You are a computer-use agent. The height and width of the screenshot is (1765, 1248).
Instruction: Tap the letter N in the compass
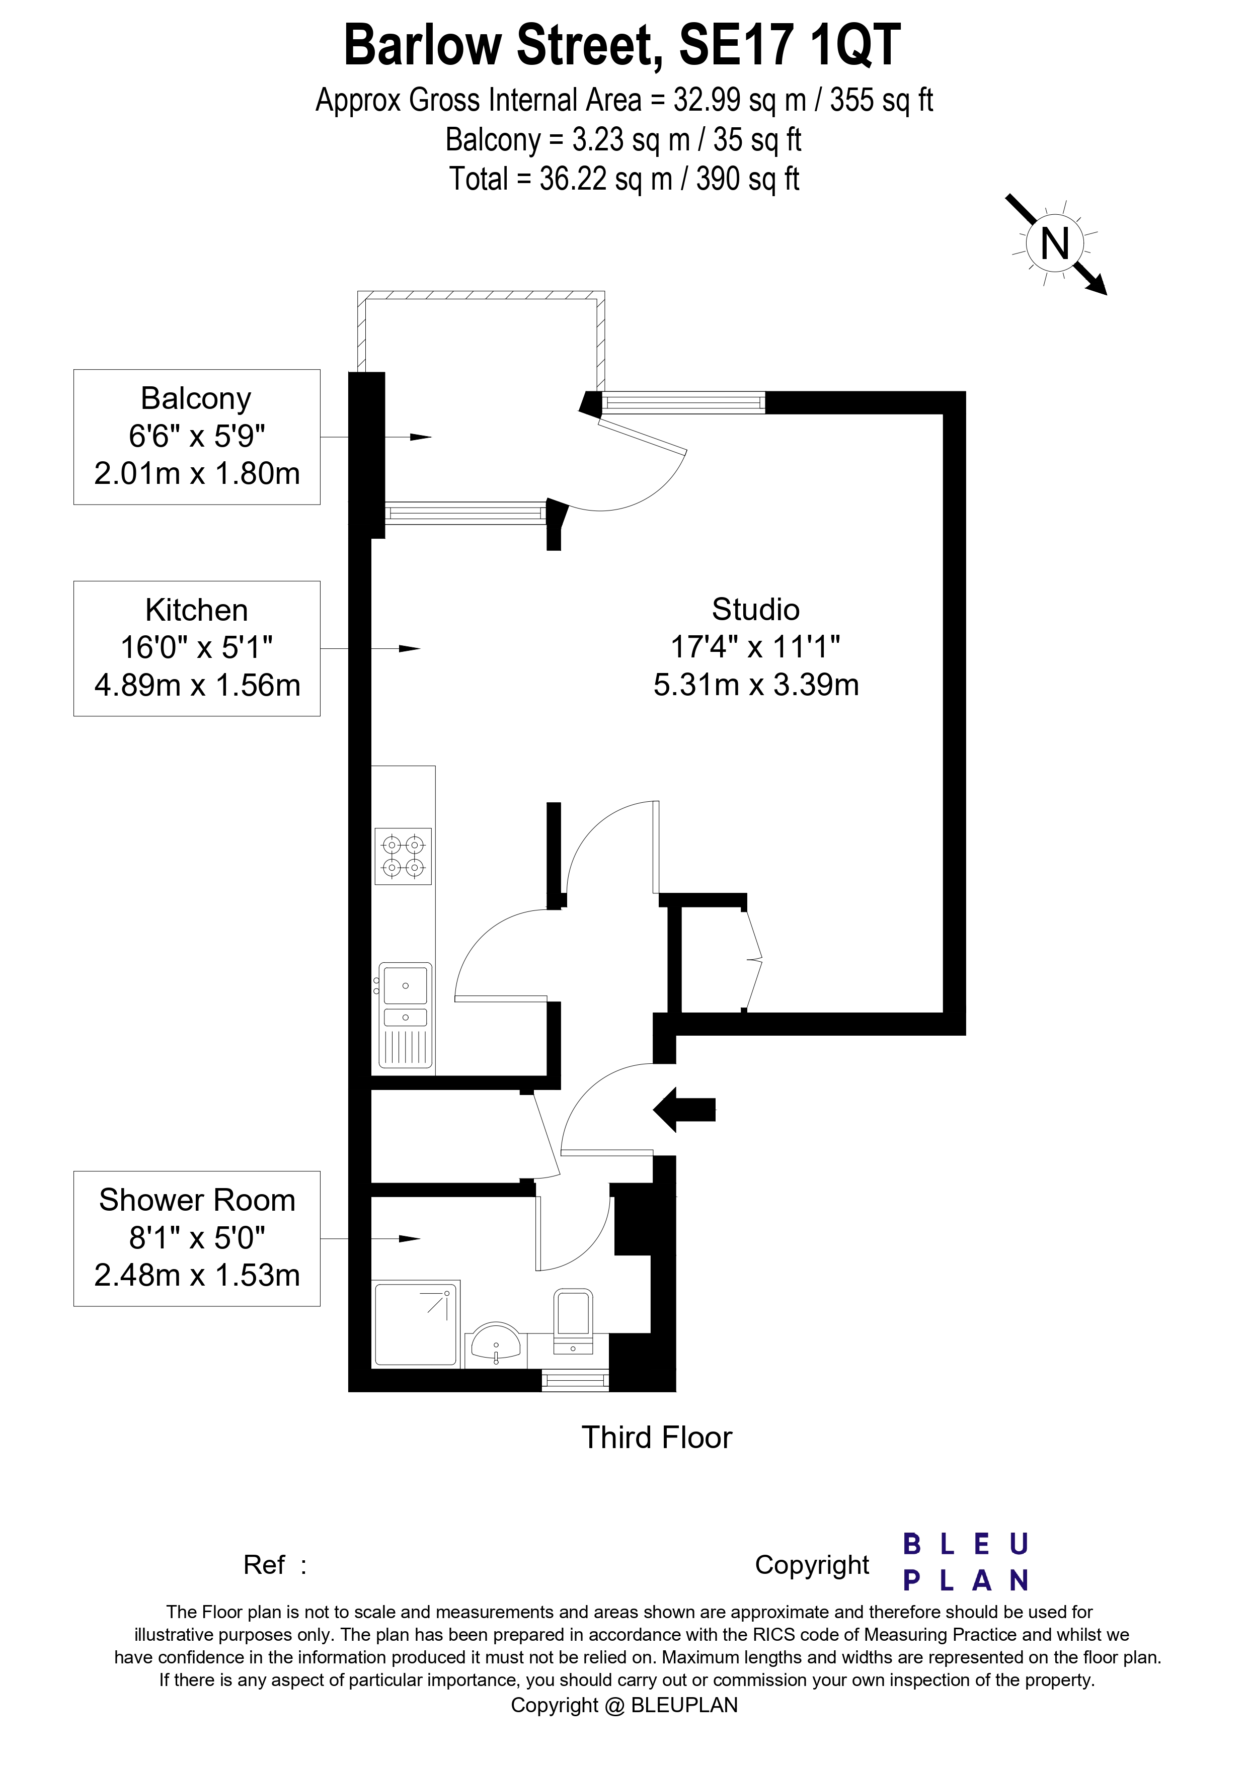pyautogui.click(x=1055, y=244)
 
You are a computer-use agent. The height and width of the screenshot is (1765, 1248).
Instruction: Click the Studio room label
pyautogui.click(x=756, y=610)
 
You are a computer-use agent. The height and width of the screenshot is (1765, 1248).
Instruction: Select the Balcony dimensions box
pyautogui.click(x=197, y=437)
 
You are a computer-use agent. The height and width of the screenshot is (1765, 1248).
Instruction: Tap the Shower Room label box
pyautogui.click(x=197, y=1238)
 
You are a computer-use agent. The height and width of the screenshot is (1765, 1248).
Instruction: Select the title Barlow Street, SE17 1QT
pyautogui.click(x=621, y=46)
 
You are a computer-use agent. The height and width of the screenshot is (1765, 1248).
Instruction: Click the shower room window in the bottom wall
pyautogui.click(x=575, y=1381)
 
